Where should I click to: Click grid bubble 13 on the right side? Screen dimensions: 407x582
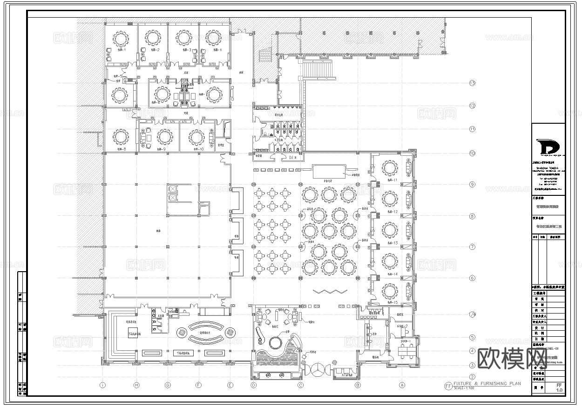[472, 83]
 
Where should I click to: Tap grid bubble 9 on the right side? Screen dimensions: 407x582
[472, 185]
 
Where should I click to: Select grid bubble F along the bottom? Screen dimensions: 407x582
[198, 385]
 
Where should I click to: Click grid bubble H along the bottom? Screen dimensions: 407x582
[136, 385]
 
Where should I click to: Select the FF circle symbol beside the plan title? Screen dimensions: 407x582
[448, 386]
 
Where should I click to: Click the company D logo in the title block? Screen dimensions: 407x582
[548, 146]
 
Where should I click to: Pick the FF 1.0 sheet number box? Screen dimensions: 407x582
[559, 387]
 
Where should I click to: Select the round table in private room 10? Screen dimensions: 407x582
[196, 137]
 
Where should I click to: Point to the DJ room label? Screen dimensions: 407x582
[291, 158]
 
